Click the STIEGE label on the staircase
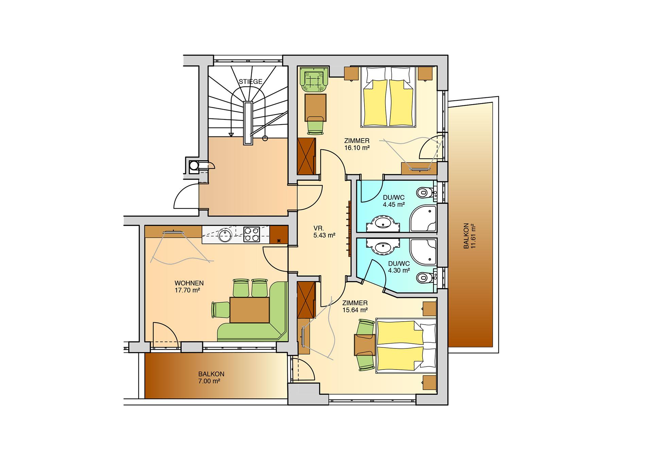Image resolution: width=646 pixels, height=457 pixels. (250, 82)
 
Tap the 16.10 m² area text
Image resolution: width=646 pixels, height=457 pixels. (357, 148)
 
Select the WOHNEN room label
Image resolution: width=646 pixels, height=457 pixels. (189, 283)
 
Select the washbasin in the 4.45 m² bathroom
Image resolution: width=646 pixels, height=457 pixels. (383, 224)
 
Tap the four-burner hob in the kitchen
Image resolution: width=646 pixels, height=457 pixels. (251, 234)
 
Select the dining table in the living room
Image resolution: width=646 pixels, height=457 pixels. (250, 310)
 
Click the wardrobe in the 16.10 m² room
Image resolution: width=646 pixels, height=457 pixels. (306, 157)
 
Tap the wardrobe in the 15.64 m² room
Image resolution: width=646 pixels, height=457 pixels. (306, 300)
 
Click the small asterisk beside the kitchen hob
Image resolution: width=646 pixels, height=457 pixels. (279, 241)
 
